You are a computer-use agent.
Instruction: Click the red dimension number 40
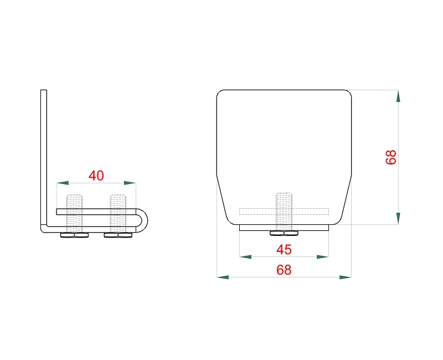pyautogui.click(x=96, y=176)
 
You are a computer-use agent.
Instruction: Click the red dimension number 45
pyautogui.click(x=284, y=250)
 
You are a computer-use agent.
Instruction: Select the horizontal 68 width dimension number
pyautogui.click(x=284, y=270)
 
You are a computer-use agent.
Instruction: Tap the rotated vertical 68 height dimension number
pyautogui.click(x=392, y=157)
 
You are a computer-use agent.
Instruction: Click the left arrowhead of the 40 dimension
pyautogui.click(x=63, y=183)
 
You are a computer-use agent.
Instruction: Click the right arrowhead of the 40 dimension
pyautogui.click(x=130, y=183)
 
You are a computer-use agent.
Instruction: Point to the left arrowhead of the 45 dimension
pyautogui.click(x=245, y=257)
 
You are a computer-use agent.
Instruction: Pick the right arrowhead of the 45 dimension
pyautogui.click(x=323, y=257)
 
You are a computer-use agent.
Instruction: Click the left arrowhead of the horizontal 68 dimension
pyautogui.click(x=223, y=277)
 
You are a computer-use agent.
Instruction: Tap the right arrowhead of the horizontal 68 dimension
pyautogui.click(x=345, y=277)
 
